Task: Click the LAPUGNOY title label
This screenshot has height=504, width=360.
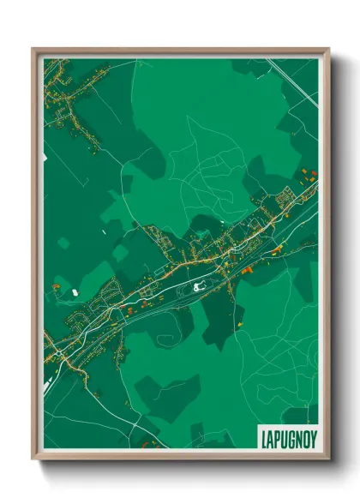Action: click(287, 435)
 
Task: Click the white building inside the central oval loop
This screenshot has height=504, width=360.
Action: click(199, 288)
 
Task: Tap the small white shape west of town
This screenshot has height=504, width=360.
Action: click(75, 293)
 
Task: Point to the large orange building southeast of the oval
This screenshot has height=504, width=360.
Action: click(248, 270)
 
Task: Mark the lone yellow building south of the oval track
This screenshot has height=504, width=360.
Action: click(242, 324)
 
